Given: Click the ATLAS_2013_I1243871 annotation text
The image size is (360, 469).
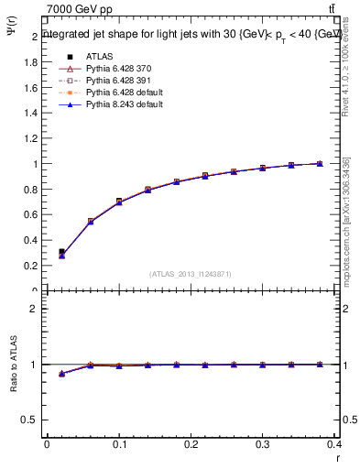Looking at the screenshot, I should [190, 274].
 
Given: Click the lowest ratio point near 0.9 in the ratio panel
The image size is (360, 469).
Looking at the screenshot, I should [61, 374].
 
